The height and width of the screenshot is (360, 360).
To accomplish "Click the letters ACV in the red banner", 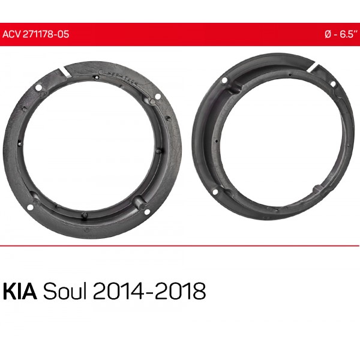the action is pos(11,34).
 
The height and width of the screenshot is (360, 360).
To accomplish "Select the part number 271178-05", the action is pos(46,34).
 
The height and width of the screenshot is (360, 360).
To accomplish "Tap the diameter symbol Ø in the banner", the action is pos(328,34).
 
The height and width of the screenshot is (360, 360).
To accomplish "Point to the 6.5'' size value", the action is pos(349,34).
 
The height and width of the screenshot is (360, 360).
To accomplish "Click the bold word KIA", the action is pos(20,291).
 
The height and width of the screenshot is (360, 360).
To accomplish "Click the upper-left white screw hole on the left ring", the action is pos(38,88).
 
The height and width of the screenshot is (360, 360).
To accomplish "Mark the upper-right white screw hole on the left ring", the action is pos(158,96).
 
